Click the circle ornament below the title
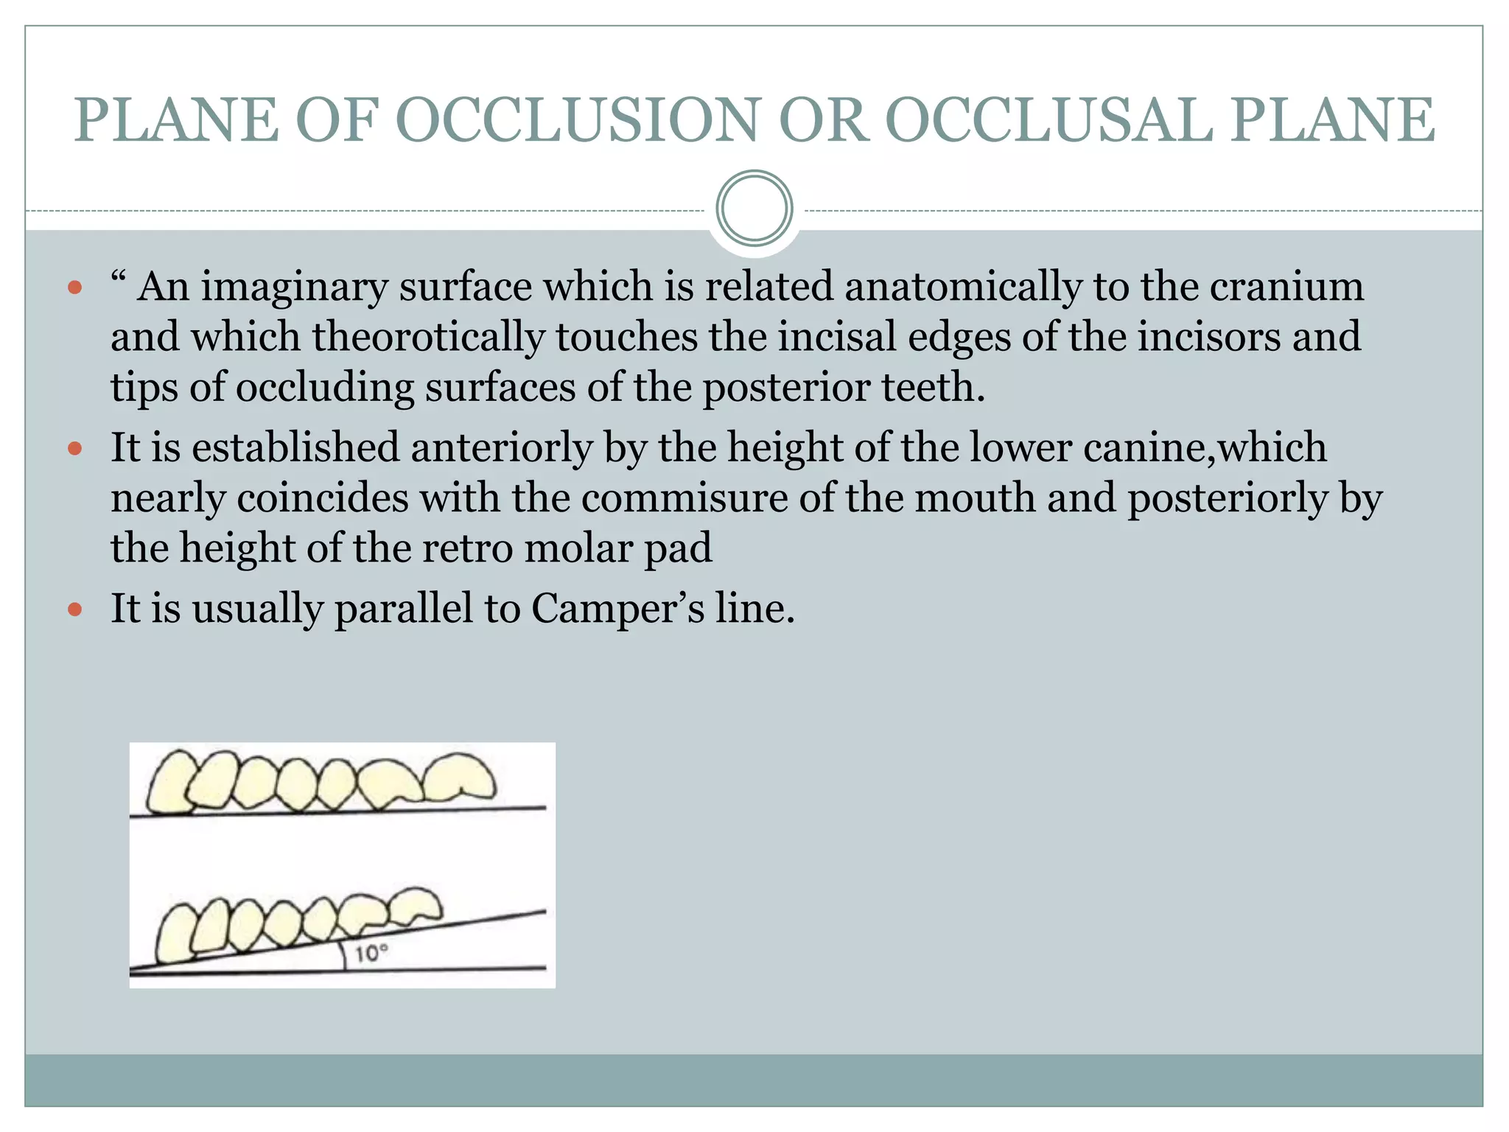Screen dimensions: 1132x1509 754,209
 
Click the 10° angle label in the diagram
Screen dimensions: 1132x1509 370,954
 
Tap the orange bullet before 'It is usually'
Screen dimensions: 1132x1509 74,609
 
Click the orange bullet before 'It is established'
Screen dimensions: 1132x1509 74,448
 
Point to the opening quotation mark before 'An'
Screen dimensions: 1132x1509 118,279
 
